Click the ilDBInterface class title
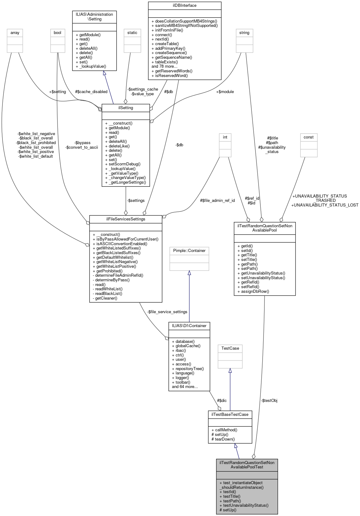[185, 6]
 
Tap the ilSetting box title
[126, 108]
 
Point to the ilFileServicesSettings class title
[126, 219]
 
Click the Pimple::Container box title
[189, 251]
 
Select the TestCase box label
[230, 348]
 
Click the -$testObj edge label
[269, 401]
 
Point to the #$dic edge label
[222, 401]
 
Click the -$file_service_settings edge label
[167, 312]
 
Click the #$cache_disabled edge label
[91, 92]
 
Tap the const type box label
[309, 137]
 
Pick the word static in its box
[132, 33]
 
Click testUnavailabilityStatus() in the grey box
[244, 505]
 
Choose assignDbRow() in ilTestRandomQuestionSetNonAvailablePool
[253, 292]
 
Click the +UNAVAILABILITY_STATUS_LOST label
[325, 205]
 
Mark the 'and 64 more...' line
[185, 387]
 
